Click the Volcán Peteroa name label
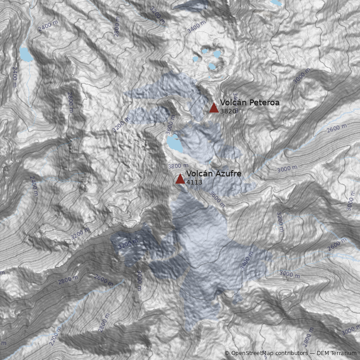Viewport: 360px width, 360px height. [250, 103]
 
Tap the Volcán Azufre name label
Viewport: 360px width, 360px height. [214, 174]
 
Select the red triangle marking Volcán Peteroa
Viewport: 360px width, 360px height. [214, 108]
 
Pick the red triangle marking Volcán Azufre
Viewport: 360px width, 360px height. [180, 179]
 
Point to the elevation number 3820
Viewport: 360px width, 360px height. [228, 111]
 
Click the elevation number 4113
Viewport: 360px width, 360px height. [194, 182]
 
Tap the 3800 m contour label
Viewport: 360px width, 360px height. [176, 166]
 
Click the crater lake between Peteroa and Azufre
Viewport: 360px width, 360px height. [175, 144]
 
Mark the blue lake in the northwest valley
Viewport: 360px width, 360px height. [26, 54]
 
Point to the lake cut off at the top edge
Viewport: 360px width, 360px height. [276, 2]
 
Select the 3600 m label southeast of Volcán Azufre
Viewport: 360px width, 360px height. [217, 198]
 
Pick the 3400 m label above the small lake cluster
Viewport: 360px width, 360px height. [196, 27]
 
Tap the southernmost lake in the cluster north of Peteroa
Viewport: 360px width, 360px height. [212, 67]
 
